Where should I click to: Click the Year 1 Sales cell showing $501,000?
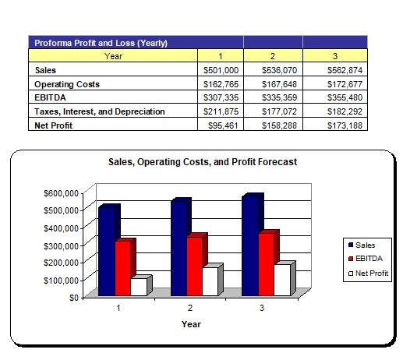(x=221, y=70)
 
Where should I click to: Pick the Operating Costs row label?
(x=67, y=84)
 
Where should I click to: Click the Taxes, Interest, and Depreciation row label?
(x=100, y=111)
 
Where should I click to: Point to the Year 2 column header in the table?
(x=273, y=56)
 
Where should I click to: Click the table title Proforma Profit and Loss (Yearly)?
(x=101, y=43)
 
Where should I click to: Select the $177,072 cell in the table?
(x=279, y=111)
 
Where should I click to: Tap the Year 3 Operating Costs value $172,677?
(x=345, y=84)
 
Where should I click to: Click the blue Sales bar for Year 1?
(x=108, y=251)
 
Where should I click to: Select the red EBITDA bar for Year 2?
(x=195, y=266)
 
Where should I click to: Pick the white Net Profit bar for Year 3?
(x=282, y=280)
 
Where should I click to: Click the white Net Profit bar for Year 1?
(x=139, y=287)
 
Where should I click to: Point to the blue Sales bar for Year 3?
(x=250, y=245)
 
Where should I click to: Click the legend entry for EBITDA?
(x=366, y=259)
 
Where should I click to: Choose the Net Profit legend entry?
(x=369, y=274)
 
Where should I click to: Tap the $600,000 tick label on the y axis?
(x=61, y=193)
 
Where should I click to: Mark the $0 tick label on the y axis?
(x=74, y=298)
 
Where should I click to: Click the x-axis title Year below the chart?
(x=192, y=324)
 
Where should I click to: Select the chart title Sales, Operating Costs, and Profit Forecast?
(x=203, y=162)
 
